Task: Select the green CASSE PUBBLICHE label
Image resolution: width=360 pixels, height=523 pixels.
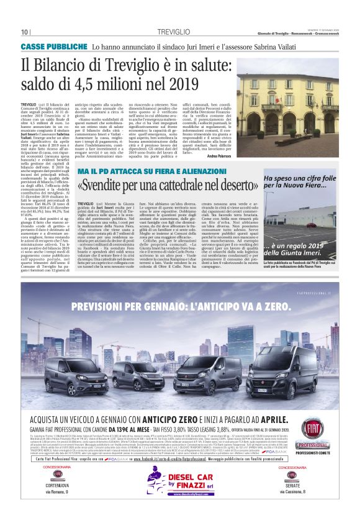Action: coord(54,47)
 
